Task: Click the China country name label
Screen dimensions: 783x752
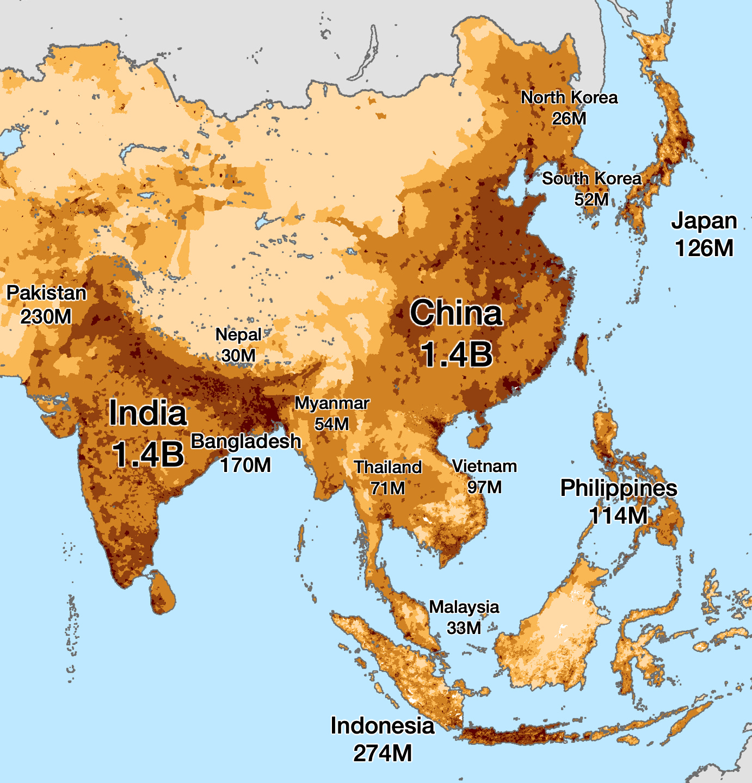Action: point(456,313)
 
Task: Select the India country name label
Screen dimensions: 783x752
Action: point(148,413)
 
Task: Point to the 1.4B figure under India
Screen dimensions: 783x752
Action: point(148,454)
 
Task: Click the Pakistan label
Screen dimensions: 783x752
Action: point(46,293)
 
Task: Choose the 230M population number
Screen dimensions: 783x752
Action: point(46,316)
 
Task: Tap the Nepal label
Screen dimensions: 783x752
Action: point(238,334)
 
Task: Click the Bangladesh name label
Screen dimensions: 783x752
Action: point(246,441)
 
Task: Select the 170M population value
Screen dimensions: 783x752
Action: point(245,465)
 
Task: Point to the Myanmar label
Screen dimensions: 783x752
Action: point(332,403)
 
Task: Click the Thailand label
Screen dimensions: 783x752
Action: point(388,467)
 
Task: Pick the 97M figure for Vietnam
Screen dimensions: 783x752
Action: point(484,487)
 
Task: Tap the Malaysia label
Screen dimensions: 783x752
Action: point(464,607)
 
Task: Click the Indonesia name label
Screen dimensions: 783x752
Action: point(383,725)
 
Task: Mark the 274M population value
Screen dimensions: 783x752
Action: point(383,753)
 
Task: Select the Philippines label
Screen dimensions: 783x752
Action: point(619,488)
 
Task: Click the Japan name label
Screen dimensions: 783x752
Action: point(704,221)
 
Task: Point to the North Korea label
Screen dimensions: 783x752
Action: point(569,98)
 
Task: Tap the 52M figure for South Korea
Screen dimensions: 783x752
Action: point(591,200)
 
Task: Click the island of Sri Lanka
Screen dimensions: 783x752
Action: point(162,593)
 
